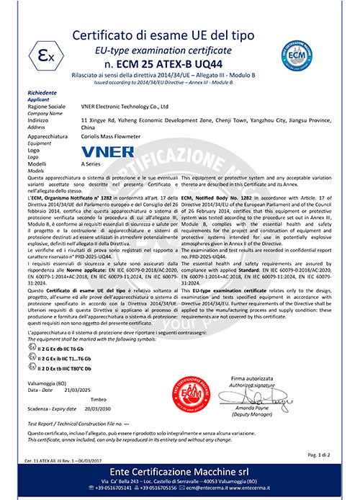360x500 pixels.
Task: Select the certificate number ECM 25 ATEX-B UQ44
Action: (x=180, y=63)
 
